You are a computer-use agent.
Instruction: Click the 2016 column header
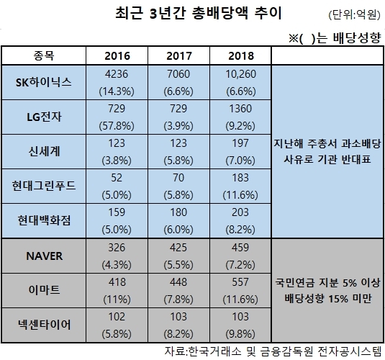click(117, 55)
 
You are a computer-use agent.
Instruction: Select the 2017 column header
click(178, 55)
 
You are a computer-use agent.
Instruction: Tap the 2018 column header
click(240, 55)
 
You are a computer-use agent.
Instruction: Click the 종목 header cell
click(44, 55)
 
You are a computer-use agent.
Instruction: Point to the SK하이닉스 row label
click(44, 82)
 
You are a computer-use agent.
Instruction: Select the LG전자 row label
click(44, 117)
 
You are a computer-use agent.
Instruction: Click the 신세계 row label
click(44, 151)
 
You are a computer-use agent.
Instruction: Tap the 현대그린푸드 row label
click(44, 186)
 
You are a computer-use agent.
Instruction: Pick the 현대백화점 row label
click(44, 220)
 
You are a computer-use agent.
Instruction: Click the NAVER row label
click(44, 256)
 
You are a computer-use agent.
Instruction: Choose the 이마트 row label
click(44, 290)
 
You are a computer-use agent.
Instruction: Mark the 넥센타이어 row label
click(44, 325)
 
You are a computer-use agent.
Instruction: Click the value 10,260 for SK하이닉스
click(240, 74)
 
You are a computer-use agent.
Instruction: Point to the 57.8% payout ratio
click(117, 126)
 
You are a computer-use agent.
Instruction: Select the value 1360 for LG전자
click(240, 109)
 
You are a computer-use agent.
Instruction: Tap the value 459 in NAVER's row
click(240, 248)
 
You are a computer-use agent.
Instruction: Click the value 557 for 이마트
click(240, 282)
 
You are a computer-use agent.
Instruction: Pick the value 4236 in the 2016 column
click(117, 74)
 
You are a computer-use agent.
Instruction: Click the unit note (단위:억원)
click(354, 14)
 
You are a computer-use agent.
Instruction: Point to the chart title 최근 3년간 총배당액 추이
click(199, 13)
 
